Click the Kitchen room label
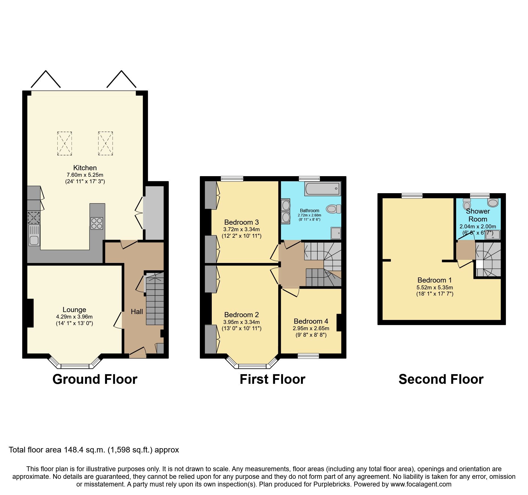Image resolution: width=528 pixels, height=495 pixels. point(85,168)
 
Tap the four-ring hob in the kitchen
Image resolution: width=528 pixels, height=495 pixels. point(97,223)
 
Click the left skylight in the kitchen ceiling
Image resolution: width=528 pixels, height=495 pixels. point(64,143)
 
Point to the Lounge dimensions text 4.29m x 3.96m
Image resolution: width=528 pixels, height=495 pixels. point(74,317)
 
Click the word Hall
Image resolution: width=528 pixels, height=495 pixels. point(137,312)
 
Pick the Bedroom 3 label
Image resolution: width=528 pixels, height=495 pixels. point(241,222)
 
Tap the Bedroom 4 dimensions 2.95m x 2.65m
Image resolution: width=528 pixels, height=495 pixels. point(311,328)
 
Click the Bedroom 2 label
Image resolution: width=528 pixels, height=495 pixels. point(241,315)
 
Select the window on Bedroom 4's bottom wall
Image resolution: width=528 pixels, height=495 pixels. point(308,356)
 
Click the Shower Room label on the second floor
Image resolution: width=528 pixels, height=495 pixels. point(478,215)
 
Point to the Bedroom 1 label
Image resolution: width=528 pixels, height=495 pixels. point(434,280)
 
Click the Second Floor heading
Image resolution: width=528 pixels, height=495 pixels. point(441,379)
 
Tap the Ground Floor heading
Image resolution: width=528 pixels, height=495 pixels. point(95,379)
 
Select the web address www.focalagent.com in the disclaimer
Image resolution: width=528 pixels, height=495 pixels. point(421,484)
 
